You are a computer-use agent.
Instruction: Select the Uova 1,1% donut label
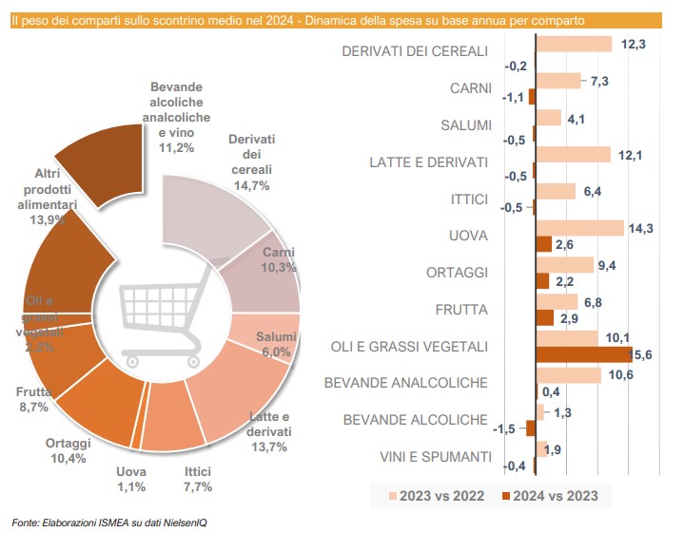131,479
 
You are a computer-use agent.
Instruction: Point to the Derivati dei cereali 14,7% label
251,161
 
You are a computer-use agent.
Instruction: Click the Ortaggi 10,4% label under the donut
67,450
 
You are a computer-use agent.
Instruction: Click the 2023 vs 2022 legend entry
437,495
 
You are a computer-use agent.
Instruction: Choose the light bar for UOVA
579,228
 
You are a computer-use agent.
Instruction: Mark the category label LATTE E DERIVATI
428,162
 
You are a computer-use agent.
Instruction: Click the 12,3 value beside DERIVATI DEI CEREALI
634,43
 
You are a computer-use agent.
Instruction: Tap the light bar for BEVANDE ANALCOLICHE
568,375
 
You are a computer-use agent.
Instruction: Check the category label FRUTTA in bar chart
460,310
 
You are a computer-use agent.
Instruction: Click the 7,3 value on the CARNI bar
599,81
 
